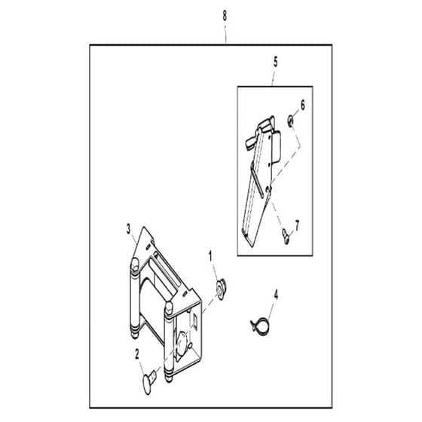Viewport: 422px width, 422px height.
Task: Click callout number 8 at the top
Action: (x=225, y=16)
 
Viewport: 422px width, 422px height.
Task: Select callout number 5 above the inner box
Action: (x=276, y=62)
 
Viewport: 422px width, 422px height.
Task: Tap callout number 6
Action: (x=303, y=105)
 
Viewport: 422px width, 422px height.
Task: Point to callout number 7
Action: (x=297, y=225)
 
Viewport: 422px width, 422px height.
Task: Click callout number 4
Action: (x=276, y=295)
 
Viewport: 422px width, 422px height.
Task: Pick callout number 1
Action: (x=211, y=256)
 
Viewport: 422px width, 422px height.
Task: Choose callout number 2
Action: (x=137, y=354)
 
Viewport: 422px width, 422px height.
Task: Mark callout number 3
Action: (x=128, y=229)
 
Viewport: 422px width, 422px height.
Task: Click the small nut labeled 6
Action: (x=291, y=119)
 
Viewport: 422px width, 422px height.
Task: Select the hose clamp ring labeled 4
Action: (x=260, y=325)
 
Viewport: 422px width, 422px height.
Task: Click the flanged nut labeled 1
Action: (x=222, y=289)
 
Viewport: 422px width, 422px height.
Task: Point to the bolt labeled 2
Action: (x=149, y=381)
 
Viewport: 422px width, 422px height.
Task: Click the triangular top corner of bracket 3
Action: (x=144, y=229)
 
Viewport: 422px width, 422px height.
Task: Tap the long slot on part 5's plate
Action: (x=257, y=179)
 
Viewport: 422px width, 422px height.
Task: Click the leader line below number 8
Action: (x=225, y=35)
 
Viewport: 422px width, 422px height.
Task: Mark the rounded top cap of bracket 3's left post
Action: (x=135, y=262)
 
